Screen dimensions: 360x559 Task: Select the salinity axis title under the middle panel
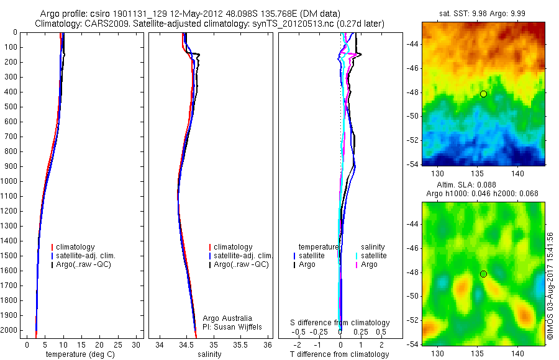tap(209, 354)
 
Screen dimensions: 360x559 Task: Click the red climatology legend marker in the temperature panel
tap(53, 247)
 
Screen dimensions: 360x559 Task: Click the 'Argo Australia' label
tap(227, 318)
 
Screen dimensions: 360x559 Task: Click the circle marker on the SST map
tap(483, 94)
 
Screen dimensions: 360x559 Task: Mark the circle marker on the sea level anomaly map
tap(483, 274)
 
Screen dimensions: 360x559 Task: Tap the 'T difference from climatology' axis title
tap(339, 354)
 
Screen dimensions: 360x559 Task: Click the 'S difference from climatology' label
tap(340, 323)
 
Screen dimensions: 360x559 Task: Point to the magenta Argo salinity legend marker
tap(357, 264)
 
